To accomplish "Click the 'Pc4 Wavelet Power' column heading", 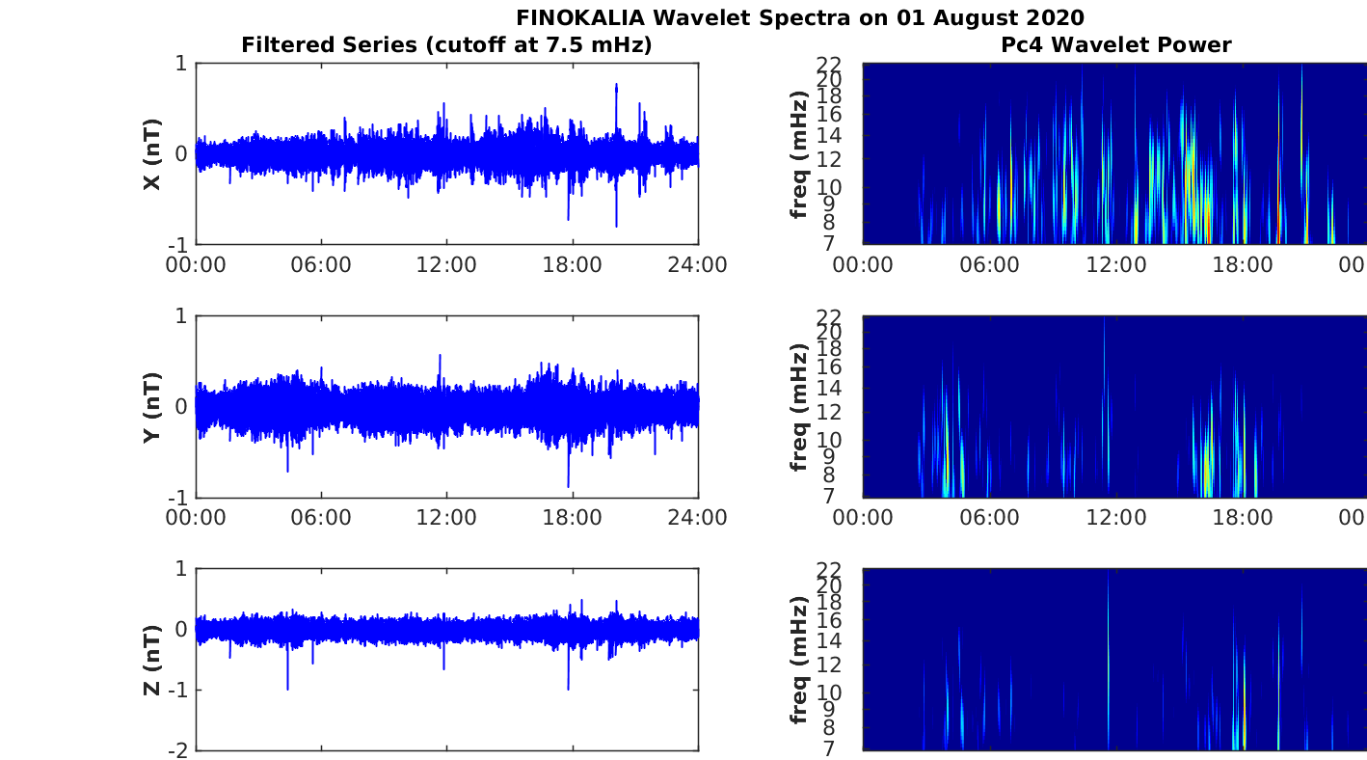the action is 1116,44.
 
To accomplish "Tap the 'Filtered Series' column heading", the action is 330,45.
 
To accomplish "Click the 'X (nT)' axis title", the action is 152,153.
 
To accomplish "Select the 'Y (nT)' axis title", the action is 152,407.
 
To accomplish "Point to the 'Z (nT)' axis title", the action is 152,660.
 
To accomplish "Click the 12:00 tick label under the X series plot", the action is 446,265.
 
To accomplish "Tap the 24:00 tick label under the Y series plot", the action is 697,518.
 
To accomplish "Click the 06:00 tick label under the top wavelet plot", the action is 989,265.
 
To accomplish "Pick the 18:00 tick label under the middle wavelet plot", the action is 1242,518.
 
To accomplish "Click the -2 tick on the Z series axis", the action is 178,751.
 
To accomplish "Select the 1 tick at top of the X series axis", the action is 181,63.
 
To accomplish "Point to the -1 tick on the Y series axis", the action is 178,498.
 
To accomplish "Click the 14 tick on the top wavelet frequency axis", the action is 829,136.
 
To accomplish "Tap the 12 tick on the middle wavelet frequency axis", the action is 829,413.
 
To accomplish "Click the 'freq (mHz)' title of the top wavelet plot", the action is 799,154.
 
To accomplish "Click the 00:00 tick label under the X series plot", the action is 196,265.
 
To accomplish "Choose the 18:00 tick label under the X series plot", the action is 572,265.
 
